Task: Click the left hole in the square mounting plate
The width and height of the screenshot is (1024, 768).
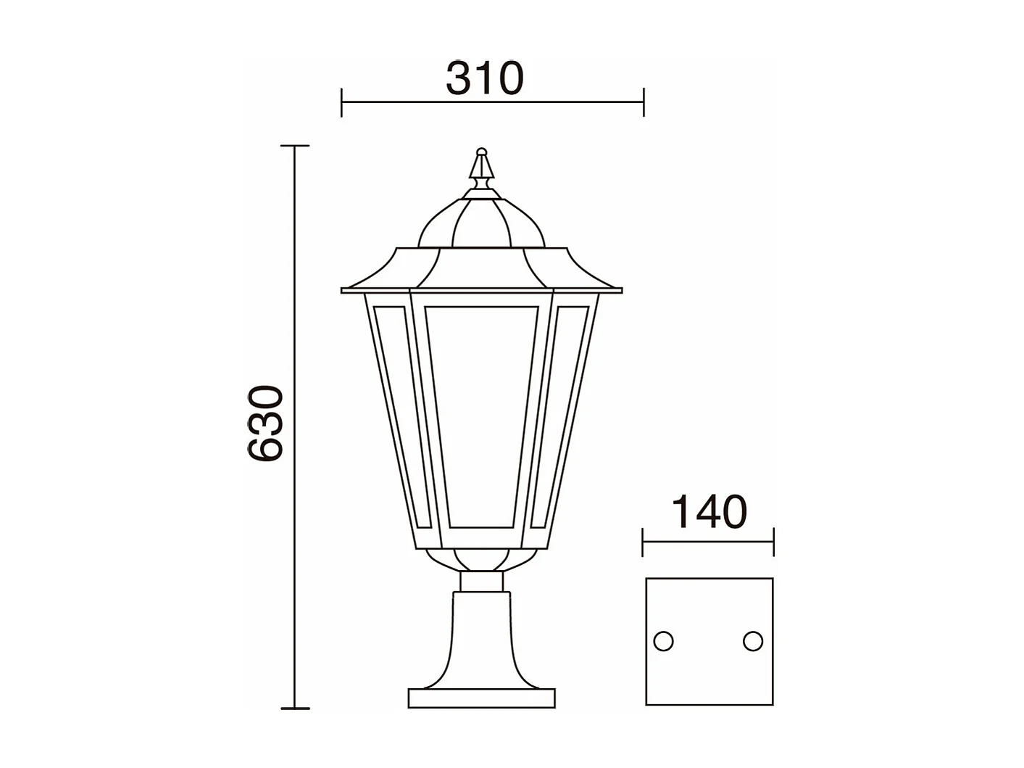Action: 663,641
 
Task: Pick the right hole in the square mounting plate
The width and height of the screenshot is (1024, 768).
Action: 753,641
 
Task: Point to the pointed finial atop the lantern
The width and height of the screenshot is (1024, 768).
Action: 480,168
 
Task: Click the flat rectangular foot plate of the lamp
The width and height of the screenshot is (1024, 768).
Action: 481,698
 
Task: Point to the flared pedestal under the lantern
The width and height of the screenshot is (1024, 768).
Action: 481,638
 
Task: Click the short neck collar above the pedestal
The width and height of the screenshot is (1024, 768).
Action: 481,582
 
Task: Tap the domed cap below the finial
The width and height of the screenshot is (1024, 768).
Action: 481,225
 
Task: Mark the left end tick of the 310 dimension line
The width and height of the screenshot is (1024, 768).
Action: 341,102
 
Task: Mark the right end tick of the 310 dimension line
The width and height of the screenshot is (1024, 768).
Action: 644,102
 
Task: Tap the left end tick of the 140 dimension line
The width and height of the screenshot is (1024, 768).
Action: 644,541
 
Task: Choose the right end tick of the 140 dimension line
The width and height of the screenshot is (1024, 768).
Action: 773,541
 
